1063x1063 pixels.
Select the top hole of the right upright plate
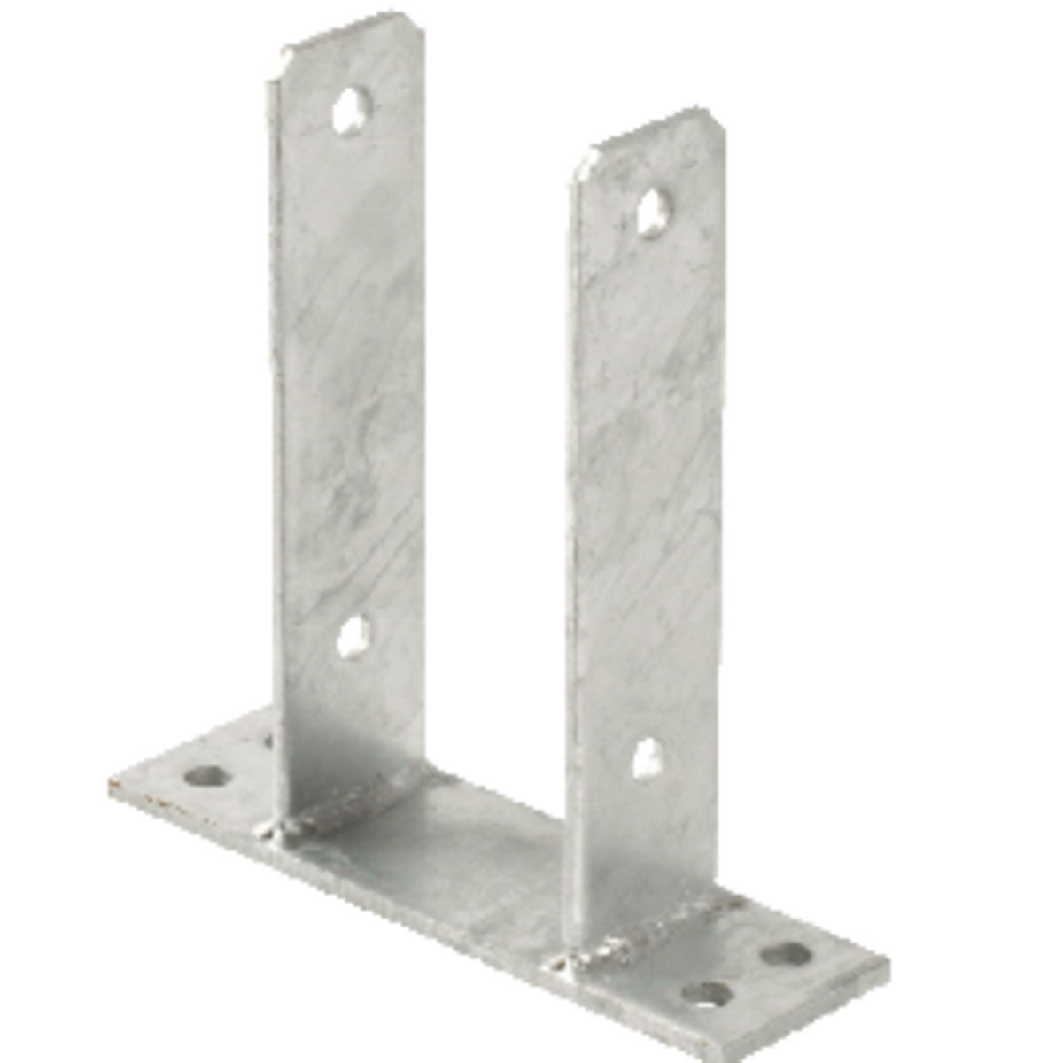coord(656,207)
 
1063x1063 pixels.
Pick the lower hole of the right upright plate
coord(648,758)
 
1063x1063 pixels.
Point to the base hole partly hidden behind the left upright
coord(267,737)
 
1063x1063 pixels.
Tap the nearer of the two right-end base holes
coord(707,989)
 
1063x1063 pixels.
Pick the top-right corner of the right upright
coord(719,120)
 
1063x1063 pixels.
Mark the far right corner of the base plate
coord(890,966)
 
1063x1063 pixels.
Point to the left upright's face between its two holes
coord(354,372)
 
